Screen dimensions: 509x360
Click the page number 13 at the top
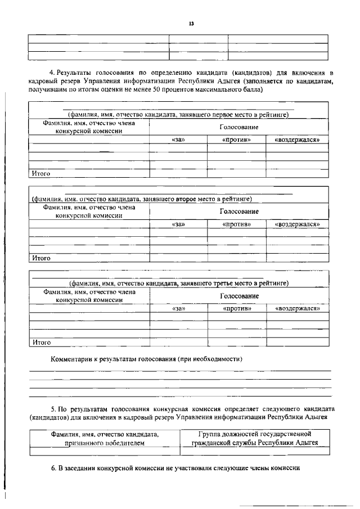coord(191,24)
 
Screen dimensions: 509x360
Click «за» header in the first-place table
coord(178,139)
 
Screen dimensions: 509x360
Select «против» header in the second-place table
coord(236,224)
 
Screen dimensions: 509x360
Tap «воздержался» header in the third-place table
coord(297,309)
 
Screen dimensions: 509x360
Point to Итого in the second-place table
coord(42,258)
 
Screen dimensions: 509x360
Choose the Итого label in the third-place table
coord(42,342)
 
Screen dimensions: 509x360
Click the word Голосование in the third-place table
coord(239,296)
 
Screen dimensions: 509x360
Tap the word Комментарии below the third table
coord(71,358)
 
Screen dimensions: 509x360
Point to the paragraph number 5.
coord(52,408)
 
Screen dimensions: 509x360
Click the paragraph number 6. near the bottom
coord(52,468)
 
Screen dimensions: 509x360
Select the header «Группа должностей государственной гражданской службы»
coord(255,438)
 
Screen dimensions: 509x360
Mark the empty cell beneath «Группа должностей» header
coord(255,451)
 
